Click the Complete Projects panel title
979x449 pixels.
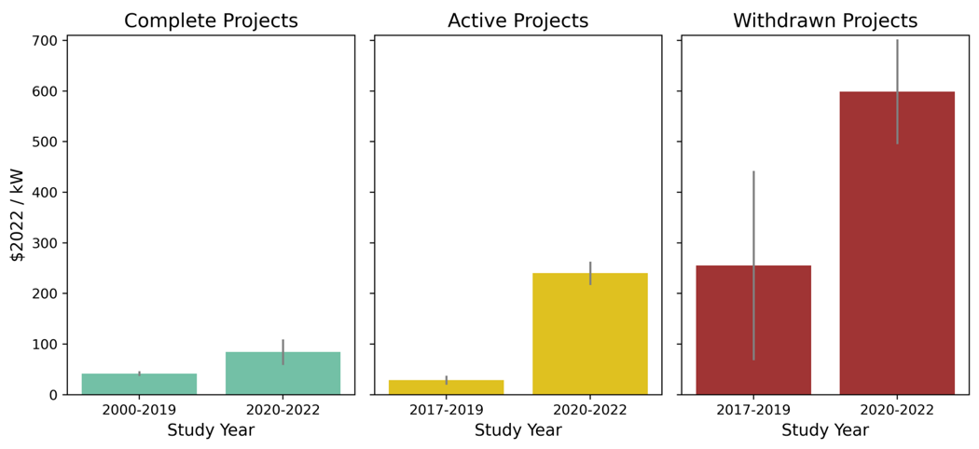tap(211, 20)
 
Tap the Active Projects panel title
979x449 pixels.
tap(517, 20)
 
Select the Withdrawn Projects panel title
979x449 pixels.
tap(825, 20)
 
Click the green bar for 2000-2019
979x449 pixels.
tap(139, 384)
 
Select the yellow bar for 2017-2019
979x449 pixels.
tap(446, 388)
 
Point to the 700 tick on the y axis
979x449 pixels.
tap(43, 41)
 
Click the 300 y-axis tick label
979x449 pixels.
tap(43, 243)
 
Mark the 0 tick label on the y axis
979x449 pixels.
tap(52, 395)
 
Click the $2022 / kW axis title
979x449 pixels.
tap(17, 214)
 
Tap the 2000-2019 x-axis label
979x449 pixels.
tap(139, 410)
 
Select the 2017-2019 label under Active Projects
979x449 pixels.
tap(446, 410)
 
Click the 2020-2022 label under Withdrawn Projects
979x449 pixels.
tap(897, 410)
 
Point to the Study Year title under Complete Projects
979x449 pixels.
tap(211, 430)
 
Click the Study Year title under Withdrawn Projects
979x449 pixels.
tap(825, 430)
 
